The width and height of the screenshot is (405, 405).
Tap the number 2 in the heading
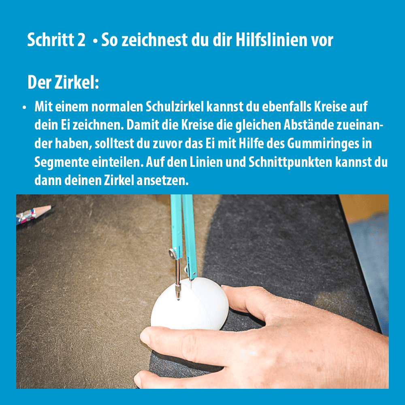[x=81, y=40]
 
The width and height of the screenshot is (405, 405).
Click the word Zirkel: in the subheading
[x=76, y=82]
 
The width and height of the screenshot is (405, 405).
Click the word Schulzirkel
[x=175, y=107]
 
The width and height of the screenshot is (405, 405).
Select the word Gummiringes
[x=323, y=144]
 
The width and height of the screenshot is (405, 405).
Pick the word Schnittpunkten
[x=290, y=162]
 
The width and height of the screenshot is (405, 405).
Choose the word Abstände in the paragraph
[x=309, y=125]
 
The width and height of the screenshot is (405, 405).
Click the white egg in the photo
[x=190, y=305]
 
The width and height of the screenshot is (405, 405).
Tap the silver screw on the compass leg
[x=173, y=254]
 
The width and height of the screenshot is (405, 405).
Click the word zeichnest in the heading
[x=154, y=40]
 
